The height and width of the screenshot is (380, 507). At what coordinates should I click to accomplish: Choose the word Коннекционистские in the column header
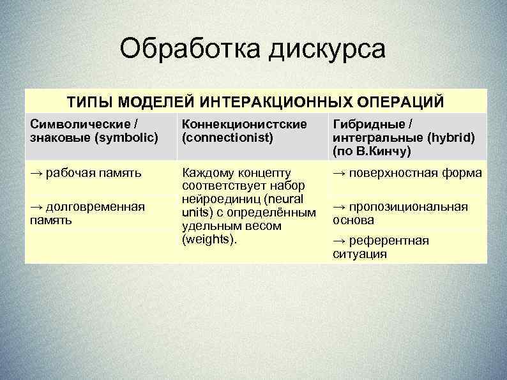[245, 123]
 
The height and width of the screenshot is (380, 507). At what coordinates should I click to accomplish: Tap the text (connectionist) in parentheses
[223, 136]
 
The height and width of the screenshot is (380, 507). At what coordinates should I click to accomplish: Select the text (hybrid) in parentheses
[451, 137]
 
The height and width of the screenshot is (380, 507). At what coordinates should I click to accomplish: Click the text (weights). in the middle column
[209, 239]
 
